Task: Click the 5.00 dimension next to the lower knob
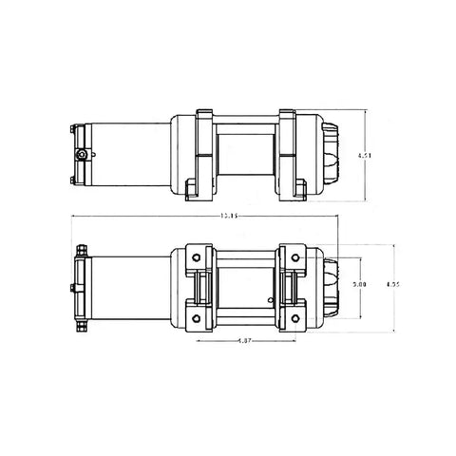pos(358,283)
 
